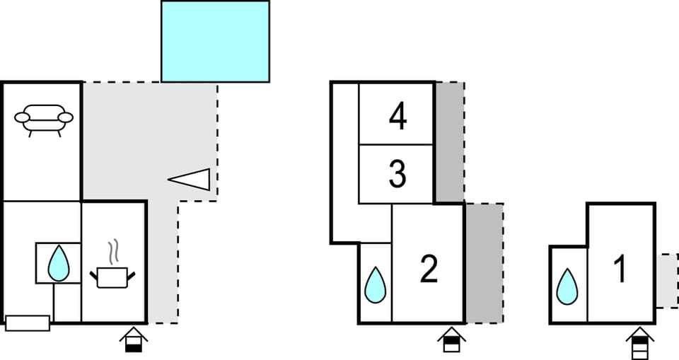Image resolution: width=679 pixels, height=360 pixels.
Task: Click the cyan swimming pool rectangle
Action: [215, 41]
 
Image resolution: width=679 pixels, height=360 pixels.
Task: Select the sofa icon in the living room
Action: [44, 119]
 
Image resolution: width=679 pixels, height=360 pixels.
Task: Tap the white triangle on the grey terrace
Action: [191, 180]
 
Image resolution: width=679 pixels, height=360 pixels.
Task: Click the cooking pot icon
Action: [112, 276]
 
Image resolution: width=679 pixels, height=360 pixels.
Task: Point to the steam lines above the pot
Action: [113, 252]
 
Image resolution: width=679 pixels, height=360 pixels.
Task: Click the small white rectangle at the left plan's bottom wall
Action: [28, 323]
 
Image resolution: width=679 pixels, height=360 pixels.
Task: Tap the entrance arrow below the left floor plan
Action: [134, 340]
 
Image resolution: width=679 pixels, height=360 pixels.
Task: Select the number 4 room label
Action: [398, 116]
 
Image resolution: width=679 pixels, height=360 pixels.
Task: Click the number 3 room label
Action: [397, 175]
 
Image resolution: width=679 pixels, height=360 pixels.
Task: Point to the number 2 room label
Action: [429, 269]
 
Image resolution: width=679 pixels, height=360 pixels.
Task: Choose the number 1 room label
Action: [620, 270]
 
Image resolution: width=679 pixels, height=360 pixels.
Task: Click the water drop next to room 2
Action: [375, 284]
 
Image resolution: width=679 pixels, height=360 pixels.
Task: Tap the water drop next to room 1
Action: [567, 287]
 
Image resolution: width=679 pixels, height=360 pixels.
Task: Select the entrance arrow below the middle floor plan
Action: [451, 340]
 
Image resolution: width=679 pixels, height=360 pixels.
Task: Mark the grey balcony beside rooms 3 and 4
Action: [449, 141]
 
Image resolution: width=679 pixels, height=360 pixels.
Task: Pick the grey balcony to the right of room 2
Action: [484, 262]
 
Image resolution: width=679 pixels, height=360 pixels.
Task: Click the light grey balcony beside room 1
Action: [666, 281]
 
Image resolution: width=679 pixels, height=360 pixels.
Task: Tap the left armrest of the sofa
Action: [23, 117]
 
